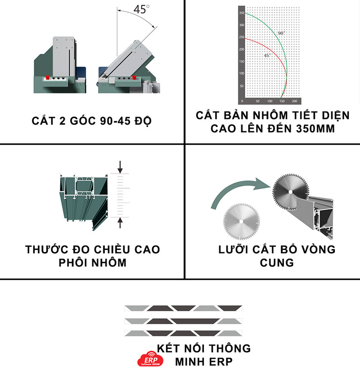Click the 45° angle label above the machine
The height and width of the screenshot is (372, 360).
140,9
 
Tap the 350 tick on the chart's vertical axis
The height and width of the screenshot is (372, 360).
242,14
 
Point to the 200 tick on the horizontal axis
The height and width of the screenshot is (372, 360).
294,102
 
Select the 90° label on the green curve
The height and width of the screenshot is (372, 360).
281,33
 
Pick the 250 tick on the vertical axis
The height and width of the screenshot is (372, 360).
242,37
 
